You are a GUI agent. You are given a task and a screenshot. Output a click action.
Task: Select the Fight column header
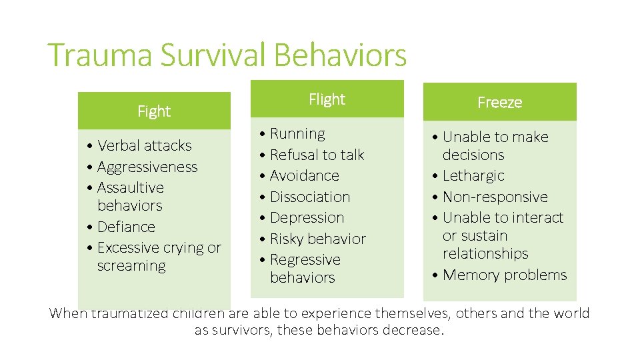(x=154, y=111)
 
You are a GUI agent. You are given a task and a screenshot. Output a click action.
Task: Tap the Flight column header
(x=327, y=99)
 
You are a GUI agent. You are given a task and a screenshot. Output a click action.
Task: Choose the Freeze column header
(x=499, y=103)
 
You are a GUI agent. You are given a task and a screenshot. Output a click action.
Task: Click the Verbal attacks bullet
(x=144, y=145)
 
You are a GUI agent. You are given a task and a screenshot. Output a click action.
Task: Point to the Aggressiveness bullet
(x=147, y=167)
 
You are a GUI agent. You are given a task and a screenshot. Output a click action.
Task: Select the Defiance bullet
(x=126, y=227)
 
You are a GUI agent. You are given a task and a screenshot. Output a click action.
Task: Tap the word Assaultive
(x=131, y=187)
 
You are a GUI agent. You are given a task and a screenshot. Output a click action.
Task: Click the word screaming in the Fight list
(x=131, y=266)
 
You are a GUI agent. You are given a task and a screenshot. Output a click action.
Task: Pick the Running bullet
(x=297, y=134)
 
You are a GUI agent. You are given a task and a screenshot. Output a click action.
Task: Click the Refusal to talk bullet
(x=317, y=155)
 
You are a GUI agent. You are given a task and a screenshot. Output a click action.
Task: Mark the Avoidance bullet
(x=304, y=176)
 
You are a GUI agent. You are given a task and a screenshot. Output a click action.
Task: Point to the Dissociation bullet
(x=310, y=197)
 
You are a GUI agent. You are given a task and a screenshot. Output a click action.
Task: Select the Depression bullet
(x=307, y=217)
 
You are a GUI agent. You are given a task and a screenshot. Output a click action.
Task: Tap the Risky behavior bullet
(x=317, y=239)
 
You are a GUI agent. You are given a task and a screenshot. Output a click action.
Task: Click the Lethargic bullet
(x=473, y=176)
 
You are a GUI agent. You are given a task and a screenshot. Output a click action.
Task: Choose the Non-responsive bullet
(x=495, y=197)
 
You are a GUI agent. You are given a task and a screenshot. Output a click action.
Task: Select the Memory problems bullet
(x=505, y=275)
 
